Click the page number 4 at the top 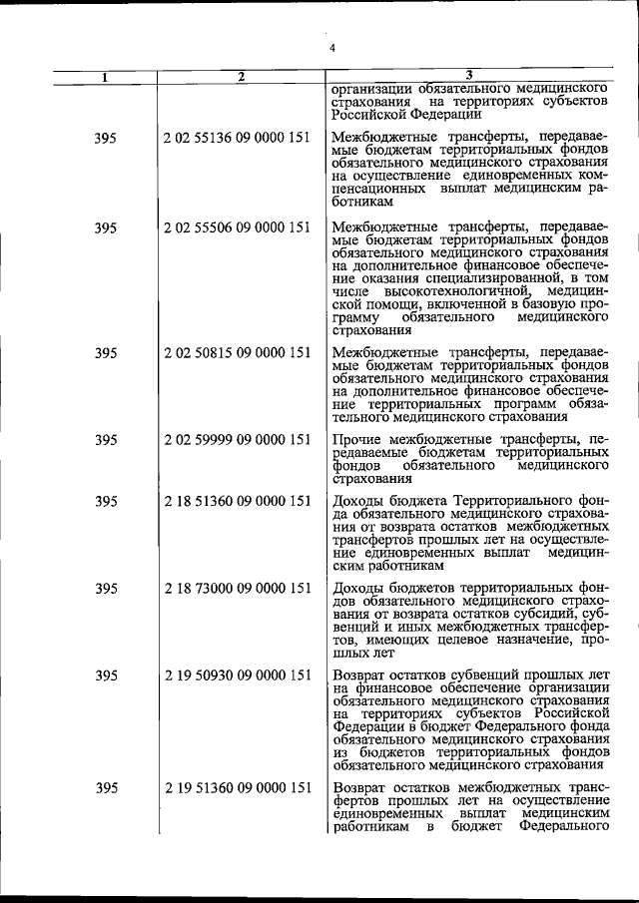click(x=332, y=48)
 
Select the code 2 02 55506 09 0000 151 click(x=237, y=227)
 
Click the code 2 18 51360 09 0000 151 click(x=237, y=501)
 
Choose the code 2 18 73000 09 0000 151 click(x=237, y=589)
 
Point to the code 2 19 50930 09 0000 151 click(x=237, y=677)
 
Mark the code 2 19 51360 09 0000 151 click(x=237, y=788)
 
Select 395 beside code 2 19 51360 click(x=105, y=788)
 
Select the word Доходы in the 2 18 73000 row click(x=358, y=589)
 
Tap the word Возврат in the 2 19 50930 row click(x=361, y=677)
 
